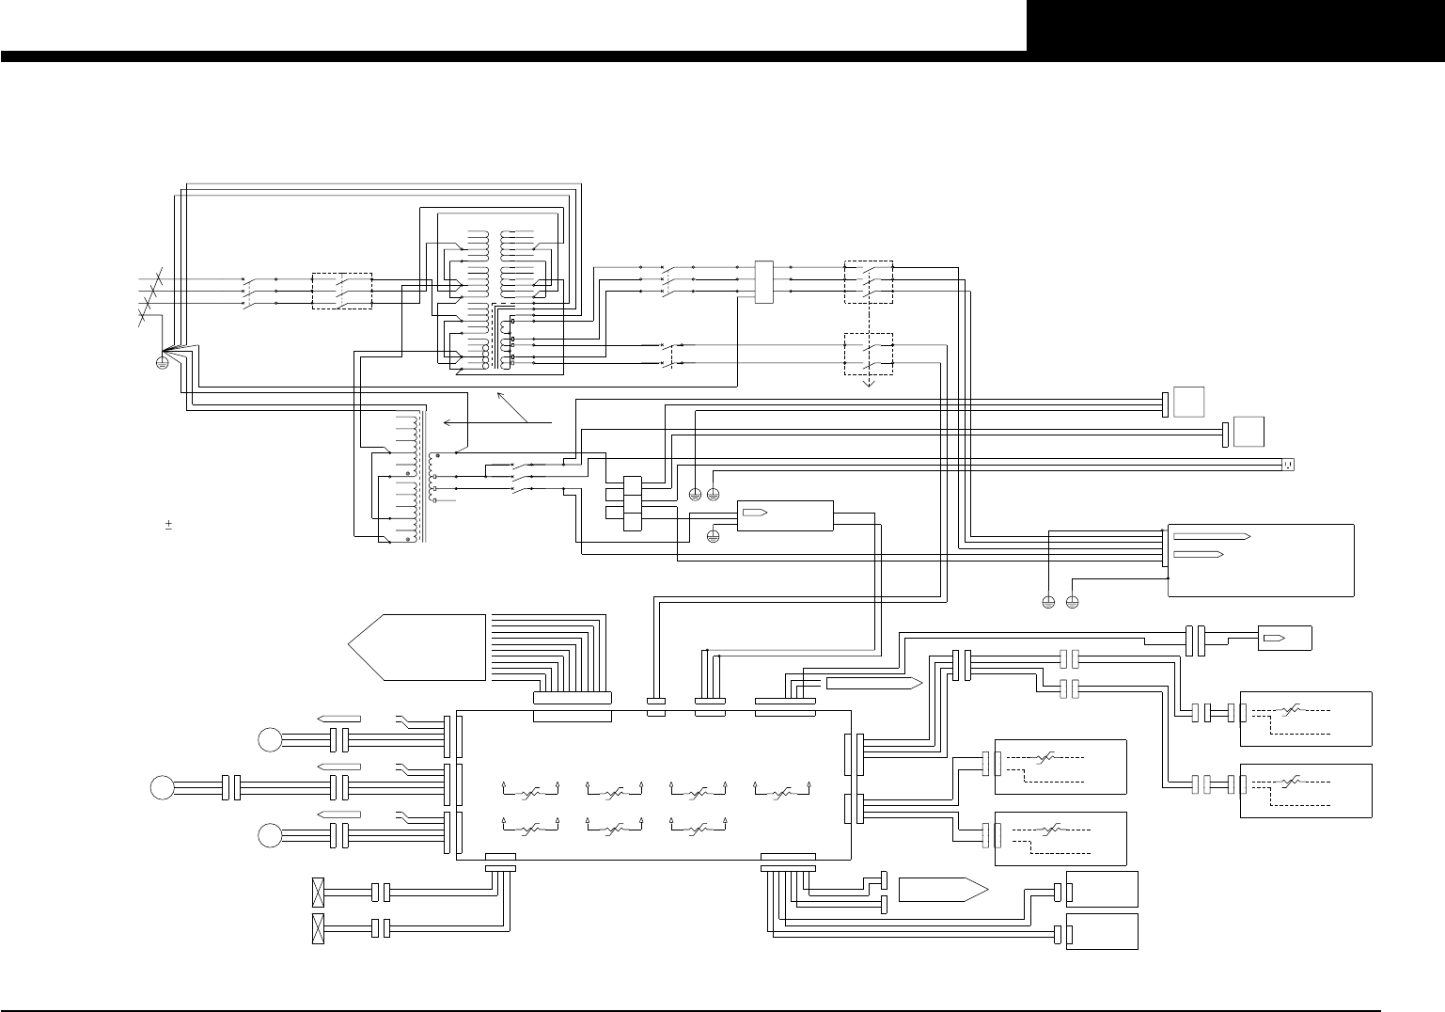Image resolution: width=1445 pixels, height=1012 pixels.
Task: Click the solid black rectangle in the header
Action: [x=1235, y=25]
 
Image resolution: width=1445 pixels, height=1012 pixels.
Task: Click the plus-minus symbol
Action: [x=168, y=523]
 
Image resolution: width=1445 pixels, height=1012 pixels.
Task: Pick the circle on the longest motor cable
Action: [x=161, y=786]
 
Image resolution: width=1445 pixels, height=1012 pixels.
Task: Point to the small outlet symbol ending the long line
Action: [x=1289, y=464]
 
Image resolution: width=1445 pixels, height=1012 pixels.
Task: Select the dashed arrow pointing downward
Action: [x=869, y=382]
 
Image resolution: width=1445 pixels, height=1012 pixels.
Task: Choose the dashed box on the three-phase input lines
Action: [x=341, y=291]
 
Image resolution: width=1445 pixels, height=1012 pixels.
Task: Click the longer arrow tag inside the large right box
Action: [x=1211, y=536]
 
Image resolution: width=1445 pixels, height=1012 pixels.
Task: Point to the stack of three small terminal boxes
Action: [x=631, y=503]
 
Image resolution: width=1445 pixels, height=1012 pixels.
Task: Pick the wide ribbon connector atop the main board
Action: [x=572, y=698]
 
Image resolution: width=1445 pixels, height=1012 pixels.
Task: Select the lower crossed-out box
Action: [x=318, y=928]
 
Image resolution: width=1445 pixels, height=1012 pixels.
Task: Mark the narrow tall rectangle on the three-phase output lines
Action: [x=763, y=281]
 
